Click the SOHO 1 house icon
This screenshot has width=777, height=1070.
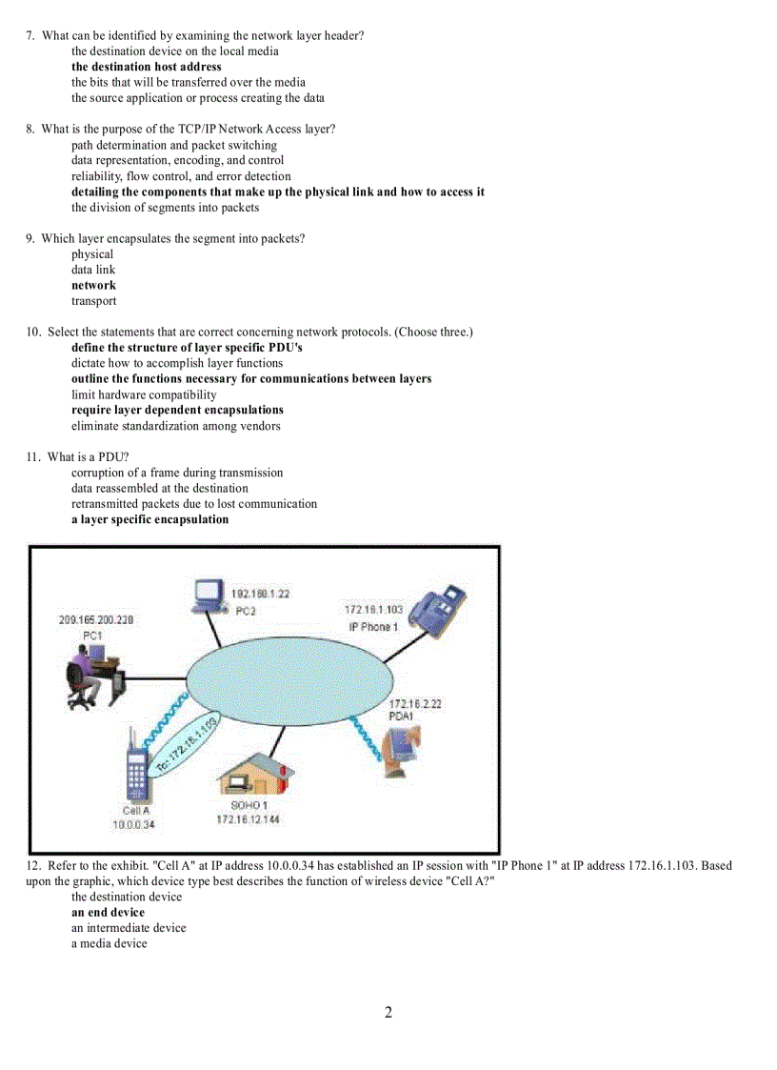[249, 773]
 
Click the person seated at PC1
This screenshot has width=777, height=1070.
[87, 672]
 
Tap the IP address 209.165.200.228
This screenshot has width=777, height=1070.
[96, 619]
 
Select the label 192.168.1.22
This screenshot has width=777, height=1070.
[261, 594]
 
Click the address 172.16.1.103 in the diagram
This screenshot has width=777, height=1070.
[373, 610]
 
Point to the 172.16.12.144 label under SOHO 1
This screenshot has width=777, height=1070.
[248, 819]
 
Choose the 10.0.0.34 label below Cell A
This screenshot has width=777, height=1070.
[133, 825]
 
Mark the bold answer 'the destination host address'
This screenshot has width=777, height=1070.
[147, 67]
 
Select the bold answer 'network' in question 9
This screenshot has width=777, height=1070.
[93, 285]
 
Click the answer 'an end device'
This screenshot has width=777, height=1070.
[108, 912]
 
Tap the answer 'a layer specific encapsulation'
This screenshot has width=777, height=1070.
[149, 519]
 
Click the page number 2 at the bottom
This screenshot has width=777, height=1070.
[388, 1013]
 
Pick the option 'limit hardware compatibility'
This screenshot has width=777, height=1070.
[144, 394]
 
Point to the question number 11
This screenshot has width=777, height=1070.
[32, 456]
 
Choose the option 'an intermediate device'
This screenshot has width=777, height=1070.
[129, 928]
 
